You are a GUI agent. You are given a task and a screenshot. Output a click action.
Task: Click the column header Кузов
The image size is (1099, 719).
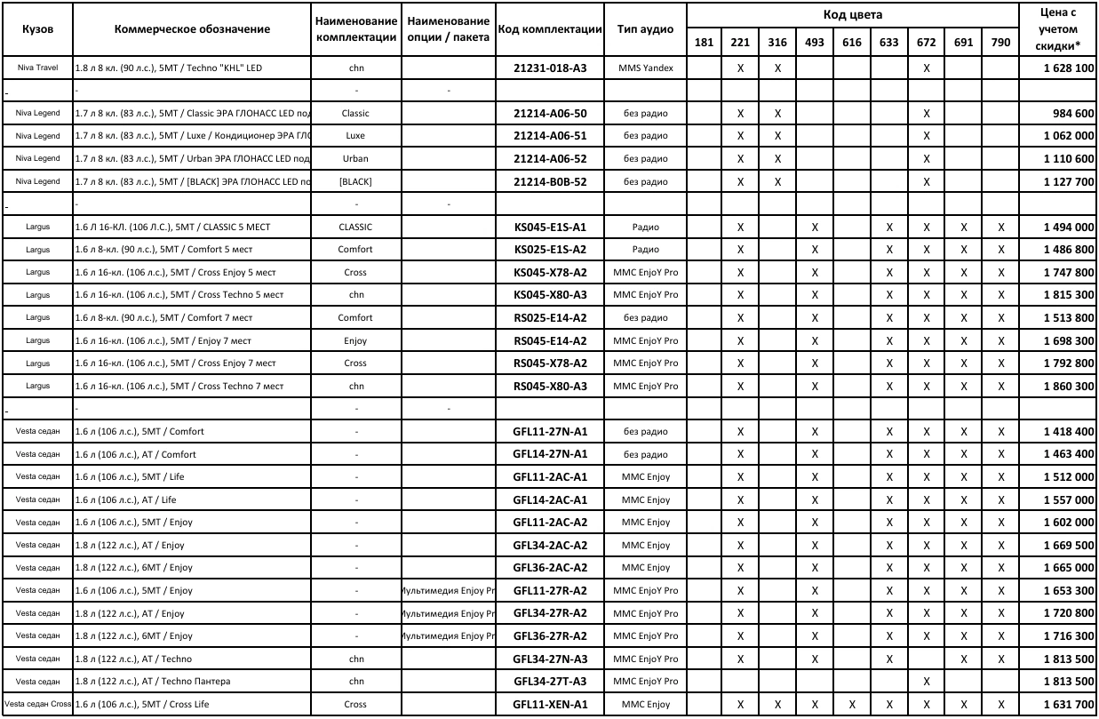36,28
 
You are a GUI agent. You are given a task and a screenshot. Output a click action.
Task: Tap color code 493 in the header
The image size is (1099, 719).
815,43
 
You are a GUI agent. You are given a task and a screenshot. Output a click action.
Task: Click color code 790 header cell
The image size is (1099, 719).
1000,43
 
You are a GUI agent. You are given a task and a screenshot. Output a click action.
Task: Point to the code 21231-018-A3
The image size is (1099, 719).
550,68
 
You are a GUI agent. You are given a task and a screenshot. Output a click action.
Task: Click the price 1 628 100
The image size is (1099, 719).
1069,68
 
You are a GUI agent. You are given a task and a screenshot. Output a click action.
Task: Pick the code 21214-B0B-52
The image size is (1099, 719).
550,181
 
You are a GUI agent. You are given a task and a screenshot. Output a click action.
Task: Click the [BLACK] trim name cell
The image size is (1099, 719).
354,181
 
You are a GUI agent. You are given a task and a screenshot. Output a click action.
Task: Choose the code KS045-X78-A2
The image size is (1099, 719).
550,272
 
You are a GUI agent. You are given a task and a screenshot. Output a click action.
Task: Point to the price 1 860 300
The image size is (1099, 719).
1069,386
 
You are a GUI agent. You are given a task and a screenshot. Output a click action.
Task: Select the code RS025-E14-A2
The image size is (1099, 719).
550,317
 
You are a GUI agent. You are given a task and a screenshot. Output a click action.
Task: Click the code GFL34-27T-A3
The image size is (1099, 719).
550,682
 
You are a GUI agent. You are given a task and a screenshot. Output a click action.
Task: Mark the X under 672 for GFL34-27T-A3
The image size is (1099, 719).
926,682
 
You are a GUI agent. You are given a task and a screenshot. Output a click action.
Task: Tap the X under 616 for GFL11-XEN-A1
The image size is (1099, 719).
851,705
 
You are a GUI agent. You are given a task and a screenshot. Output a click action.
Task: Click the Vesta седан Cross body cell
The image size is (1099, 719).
36,705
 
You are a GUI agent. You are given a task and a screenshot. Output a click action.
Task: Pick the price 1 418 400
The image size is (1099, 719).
1069,432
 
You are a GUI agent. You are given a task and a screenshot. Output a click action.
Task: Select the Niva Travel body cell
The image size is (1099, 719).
36,68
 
